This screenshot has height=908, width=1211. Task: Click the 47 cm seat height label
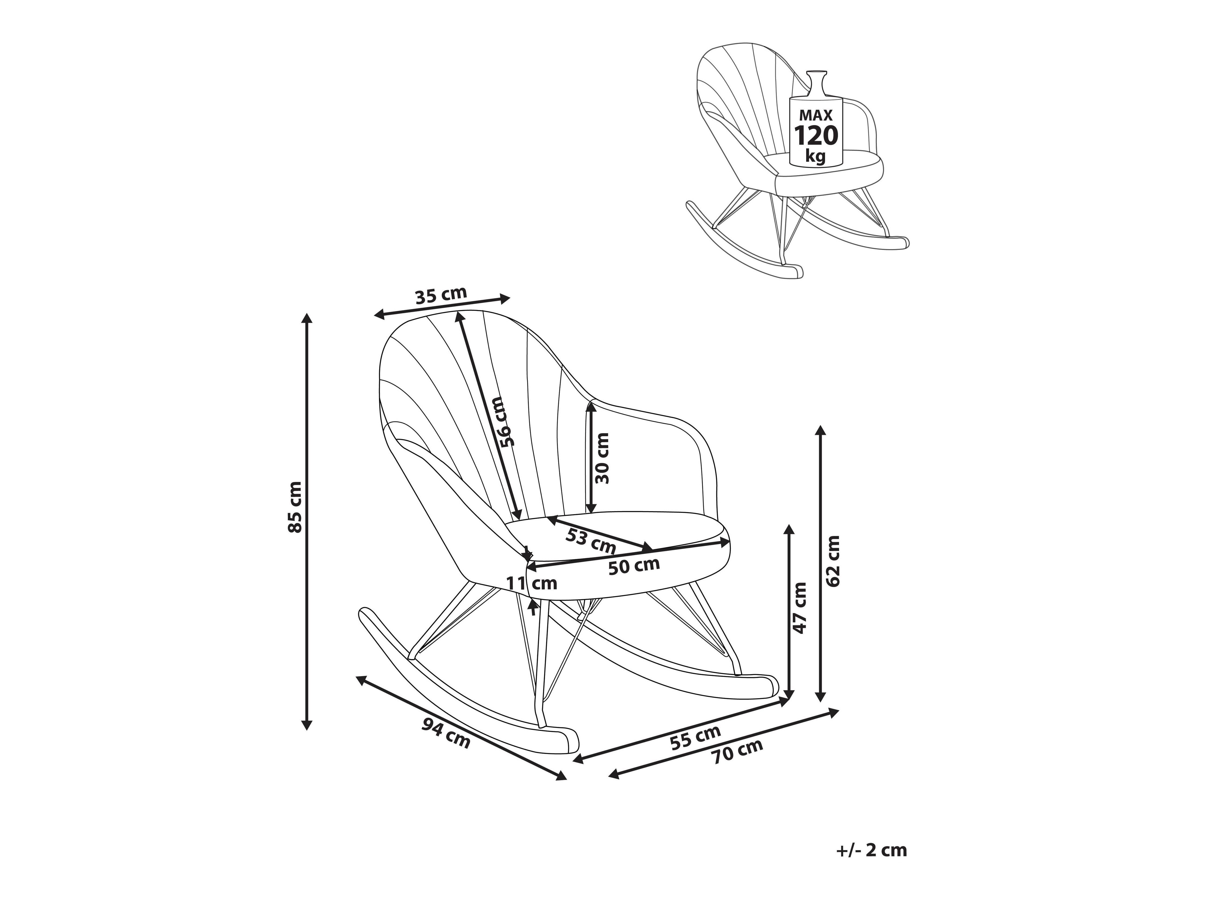801,607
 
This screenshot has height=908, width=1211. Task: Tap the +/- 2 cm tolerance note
872,850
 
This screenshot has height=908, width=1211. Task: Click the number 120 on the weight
816,136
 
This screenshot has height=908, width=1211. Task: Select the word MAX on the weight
816,115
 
